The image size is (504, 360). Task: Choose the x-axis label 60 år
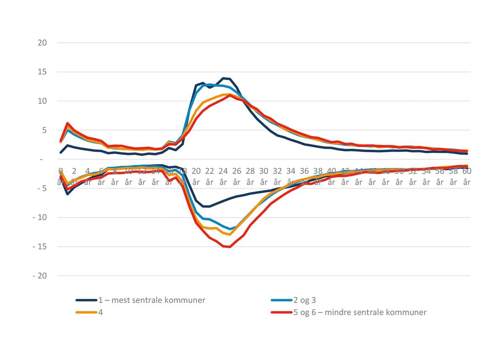[x=467, y=176]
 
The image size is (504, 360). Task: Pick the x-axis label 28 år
[x=250, y=176]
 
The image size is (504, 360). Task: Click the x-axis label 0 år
[x=60, y=176]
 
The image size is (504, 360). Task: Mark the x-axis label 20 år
[x=196, y=176]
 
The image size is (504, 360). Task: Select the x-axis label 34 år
[x=291, y=176]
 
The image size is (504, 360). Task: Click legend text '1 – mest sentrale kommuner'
[x=152, y=300]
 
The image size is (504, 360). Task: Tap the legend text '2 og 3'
[x=307, y=300]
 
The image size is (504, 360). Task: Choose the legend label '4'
[x=100, y=313]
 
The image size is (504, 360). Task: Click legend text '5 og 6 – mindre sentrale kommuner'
[x=360, y=313]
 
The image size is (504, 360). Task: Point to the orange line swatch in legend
[x=85, y=313]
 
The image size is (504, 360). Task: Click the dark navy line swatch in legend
[x=85, y=300]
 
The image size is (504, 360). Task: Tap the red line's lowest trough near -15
[x=229, y=247]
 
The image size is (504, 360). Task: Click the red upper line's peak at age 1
[x=67, y=123]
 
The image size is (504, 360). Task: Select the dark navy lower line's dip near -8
[x=206, y=206]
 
